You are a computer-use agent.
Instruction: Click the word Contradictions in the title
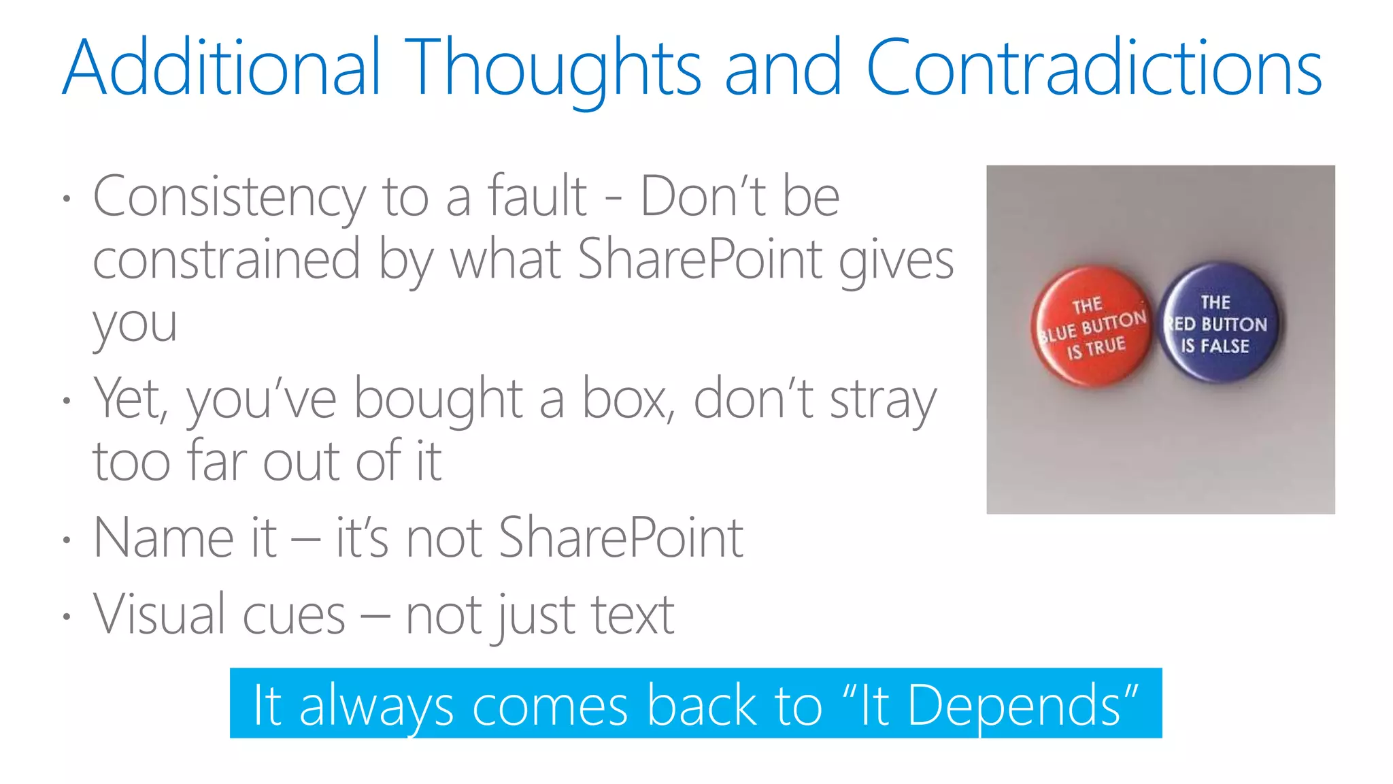click(1094, 68)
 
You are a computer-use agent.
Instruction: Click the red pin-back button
click(1092, 327)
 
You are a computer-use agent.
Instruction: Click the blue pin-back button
click(1218, 323)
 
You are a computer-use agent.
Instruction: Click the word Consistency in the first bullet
click(229, 197)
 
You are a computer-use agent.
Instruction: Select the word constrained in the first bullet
click(226, 260)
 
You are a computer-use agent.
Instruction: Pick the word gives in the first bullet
click(896, 261)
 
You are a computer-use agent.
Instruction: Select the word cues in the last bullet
click(294, 615)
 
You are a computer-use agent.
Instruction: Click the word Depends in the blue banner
click(1013, 705)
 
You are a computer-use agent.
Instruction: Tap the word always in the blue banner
click(376, 706)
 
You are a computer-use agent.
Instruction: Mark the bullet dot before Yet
click(66, 401)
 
